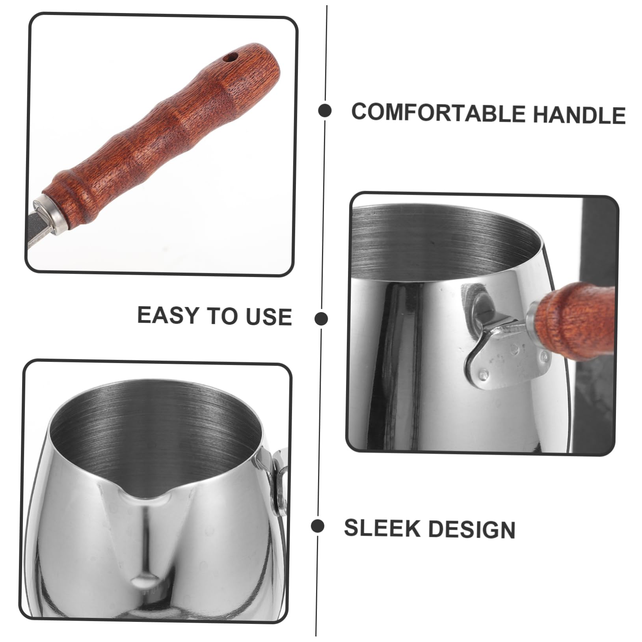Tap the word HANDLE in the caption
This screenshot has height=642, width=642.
pyautogui.click(x=579, y=115)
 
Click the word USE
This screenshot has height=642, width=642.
pyautogui.click(x=269, y=316)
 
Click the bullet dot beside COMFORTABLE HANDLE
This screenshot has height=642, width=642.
pyautogui.click(x=325, y=111)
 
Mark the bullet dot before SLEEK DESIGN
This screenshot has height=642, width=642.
pyautogui.click(x=317, y=526)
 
